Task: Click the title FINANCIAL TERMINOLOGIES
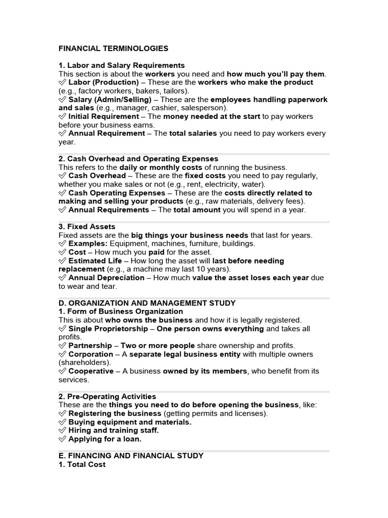coord(113,49)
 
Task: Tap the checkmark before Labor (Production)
coord(63,82)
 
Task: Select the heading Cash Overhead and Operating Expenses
coord(138,159)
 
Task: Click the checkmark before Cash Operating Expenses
coord(63,193)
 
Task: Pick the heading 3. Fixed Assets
coord(87,227)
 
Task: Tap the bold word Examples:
coord(88,244)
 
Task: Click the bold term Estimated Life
coord(95,261)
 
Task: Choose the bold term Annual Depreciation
coord(106,278)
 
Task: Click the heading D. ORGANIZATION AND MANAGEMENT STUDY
coord(147,303)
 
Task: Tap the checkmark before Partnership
coord(63,346)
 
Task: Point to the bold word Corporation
coord(90,354)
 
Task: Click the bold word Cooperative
coord(91,371)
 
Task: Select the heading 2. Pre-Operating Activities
coord(107,397)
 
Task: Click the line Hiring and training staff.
coord(114,430)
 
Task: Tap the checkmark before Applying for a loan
coord(63,439)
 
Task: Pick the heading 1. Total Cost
coord(82,464)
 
